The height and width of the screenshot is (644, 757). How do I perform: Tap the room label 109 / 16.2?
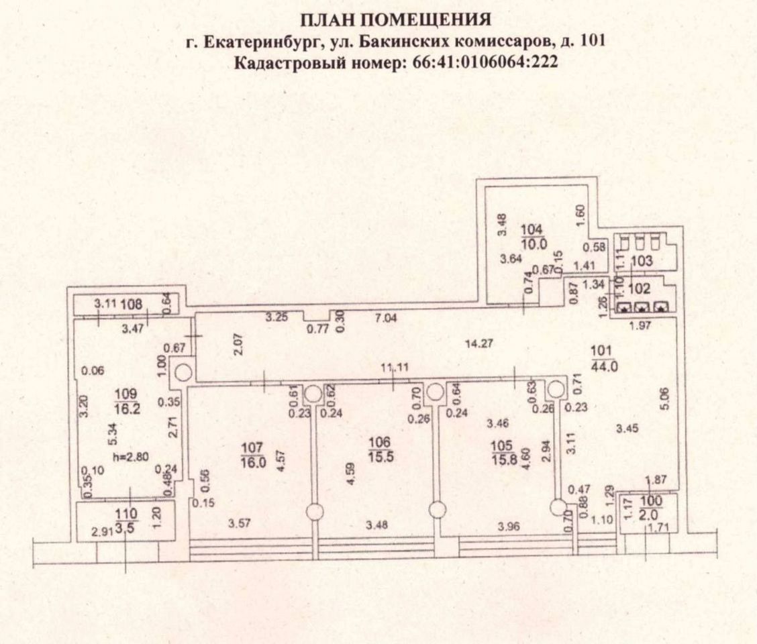coord(126,400)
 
